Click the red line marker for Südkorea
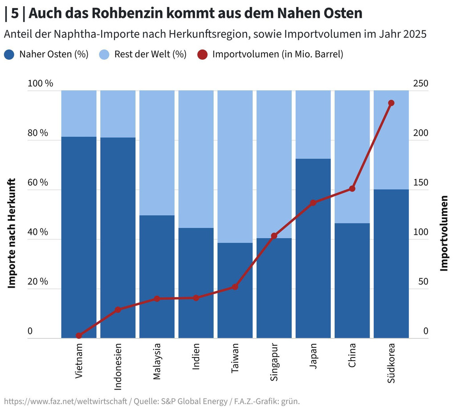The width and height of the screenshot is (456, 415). point(391,103)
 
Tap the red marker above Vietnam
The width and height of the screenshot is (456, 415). point(79,336)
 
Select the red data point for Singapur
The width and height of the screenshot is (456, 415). point(274,236)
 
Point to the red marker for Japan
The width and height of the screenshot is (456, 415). point(313,203)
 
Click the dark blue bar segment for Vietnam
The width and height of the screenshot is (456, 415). point(79,236)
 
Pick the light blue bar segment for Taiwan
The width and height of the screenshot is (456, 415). point(235,165)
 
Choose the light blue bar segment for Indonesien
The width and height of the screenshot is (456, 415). point(118,114)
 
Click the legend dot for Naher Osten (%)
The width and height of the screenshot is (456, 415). point(9,55)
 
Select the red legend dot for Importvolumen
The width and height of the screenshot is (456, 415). point(203,55)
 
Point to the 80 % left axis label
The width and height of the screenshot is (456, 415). point(37,133)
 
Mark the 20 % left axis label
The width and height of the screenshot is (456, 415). point(37,281)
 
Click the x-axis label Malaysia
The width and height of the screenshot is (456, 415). point(157,361)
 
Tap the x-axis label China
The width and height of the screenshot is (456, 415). point(352,355)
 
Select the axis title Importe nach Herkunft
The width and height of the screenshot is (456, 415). point(12,233)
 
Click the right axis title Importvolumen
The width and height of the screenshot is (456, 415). point(444,233)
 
